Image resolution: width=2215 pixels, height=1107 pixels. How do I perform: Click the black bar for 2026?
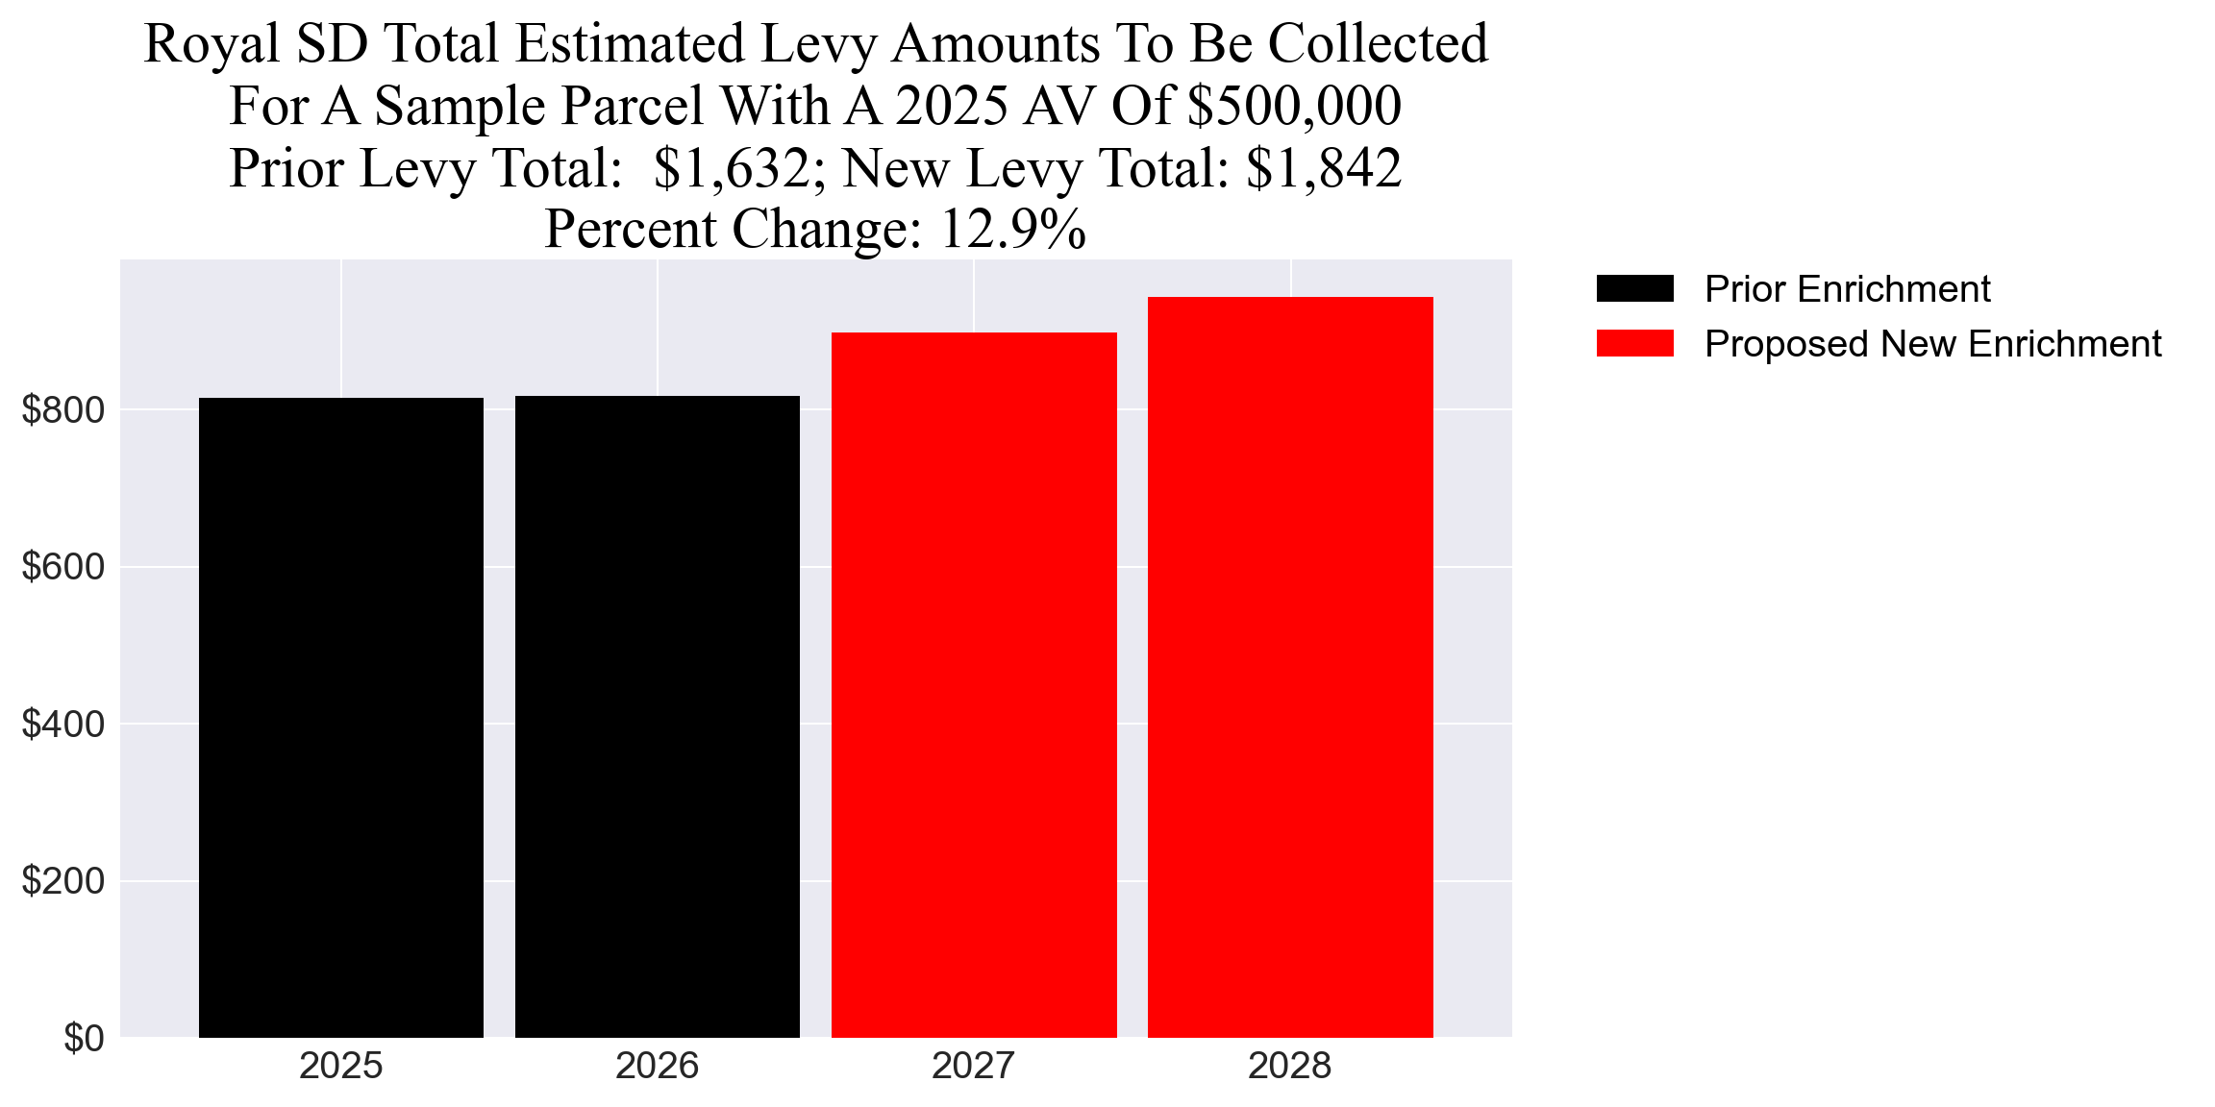click(657, 717)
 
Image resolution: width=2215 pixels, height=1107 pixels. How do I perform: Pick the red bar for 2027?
click(973, 684)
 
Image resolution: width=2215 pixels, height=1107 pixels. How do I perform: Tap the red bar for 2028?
click(1289, 667)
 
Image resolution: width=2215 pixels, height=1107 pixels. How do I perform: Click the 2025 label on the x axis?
click(340, 1066)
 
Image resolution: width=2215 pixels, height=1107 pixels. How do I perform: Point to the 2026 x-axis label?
click(657, 1066)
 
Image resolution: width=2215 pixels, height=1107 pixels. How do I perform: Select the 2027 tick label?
click(973, 1066)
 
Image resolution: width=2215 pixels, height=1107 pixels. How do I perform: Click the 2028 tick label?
click(1289, 1066)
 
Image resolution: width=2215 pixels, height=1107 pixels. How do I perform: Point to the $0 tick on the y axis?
click(84, 1038)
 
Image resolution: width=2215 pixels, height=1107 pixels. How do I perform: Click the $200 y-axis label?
click(63, 881)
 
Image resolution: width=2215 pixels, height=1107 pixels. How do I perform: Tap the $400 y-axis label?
click(63, 725)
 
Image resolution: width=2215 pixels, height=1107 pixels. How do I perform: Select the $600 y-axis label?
click(63, 567)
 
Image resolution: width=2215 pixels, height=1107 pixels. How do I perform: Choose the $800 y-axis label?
click(63, 410)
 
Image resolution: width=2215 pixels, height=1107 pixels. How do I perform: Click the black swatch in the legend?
click(1634, 288)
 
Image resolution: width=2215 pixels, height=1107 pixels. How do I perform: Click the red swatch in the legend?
click(1634, 343)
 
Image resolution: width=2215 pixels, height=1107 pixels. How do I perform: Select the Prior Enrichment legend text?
click(1847, 288)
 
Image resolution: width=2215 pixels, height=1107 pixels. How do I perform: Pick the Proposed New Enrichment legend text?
click(1932, 343)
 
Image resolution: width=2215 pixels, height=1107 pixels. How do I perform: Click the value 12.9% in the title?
click(1012, 229)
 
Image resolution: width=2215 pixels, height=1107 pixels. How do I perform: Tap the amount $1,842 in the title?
click(1323, 168)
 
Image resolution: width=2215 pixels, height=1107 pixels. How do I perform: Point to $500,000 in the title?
click(1294, 106)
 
